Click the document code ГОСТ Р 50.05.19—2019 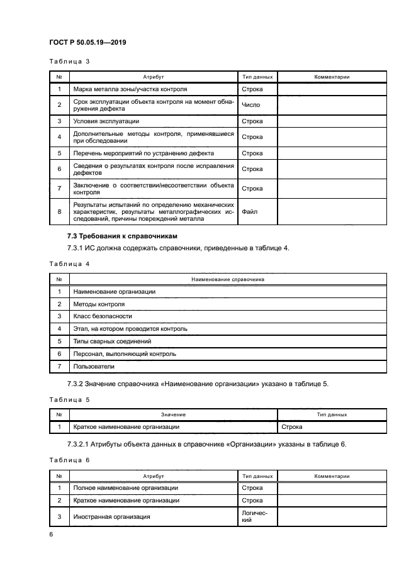[89, 42]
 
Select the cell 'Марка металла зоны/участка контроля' [130, 90]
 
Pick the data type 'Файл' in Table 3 [249, 212]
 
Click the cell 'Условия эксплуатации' [106, 121]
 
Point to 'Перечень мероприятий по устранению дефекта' [143, 153]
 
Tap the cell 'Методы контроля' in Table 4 [99, 304]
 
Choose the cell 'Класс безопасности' [103, 316]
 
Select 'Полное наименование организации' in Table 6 [126, 487]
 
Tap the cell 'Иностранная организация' [112, 516]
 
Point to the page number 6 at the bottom [51, 534]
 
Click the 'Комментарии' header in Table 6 [332, 476]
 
